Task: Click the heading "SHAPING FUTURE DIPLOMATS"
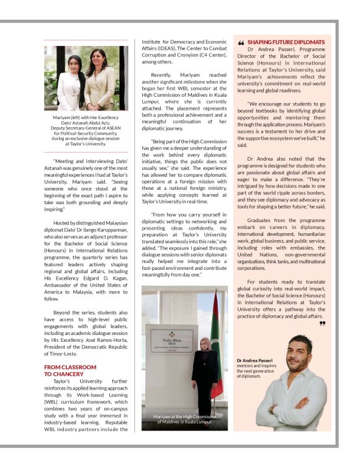[x=286, y=42]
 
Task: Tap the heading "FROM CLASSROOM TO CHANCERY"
[x=70, y=370]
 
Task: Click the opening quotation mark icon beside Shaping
[x=241, y=43]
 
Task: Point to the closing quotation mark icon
[x=322, y=323]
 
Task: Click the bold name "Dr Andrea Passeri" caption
[x=251, y=360]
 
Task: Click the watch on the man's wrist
[x=271, y=409]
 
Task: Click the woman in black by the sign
[x=204, y=372]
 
